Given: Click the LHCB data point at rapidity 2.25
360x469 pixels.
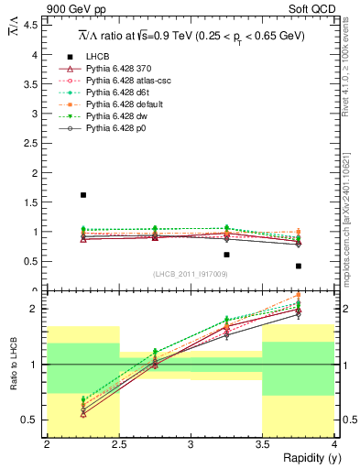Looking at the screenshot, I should [83, 195].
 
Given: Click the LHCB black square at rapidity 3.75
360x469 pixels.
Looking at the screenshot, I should [299, 266].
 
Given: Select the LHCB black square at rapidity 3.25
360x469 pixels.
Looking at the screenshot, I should [227, 255].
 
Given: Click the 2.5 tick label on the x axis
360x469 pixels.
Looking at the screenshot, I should [119, 444].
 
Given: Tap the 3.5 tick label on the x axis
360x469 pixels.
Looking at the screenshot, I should [262, 444].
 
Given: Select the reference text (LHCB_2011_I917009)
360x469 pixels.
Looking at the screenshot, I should [190, 274].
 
